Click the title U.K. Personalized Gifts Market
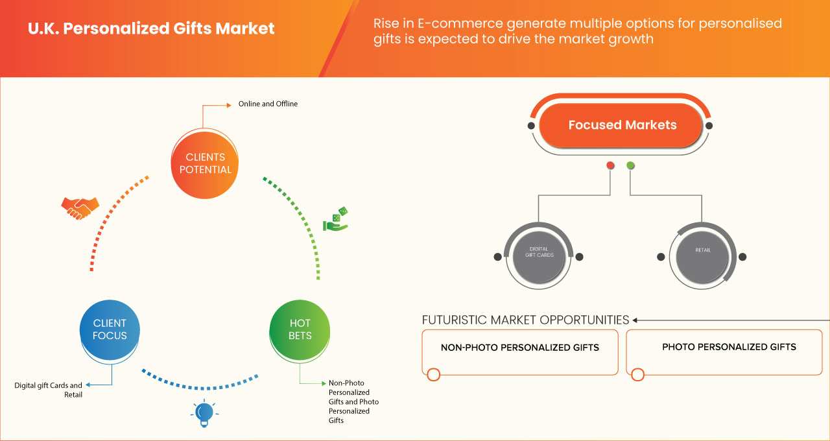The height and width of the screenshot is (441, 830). (151, 29)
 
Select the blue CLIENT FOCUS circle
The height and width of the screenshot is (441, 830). (110, 329)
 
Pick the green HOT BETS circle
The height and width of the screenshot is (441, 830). (300, 329)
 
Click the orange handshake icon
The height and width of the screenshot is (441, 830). (80, 208)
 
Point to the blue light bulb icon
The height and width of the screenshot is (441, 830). (204, 413)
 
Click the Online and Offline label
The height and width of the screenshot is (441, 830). (268, 104)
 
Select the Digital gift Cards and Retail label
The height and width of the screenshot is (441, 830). (49, 390)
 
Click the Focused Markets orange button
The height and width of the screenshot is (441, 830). (622, 125)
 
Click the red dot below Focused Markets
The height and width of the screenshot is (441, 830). (610, 166)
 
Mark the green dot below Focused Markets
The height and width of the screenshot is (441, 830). (630, 166)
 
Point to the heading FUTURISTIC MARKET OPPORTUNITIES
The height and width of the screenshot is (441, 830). (525, 320)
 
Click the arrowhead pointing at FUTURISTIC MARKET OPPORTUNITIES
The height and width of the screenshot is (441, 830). (635, 320)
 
